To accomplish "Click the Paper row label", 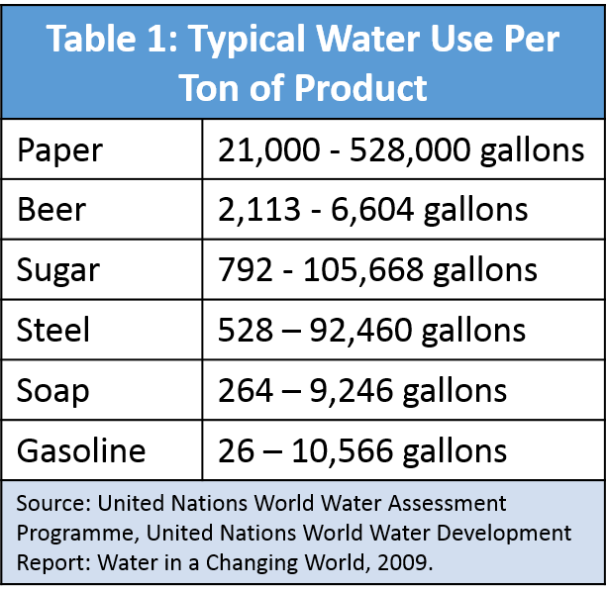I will [59, 150].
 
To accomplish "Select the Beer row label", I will [51, 210].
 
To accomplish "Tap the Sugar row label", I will [57, 270].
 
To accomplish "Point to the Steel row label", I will [53, 330].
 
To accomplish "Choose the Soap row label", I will [53, 390].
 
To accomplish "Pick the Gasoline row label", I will [81, 450].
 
